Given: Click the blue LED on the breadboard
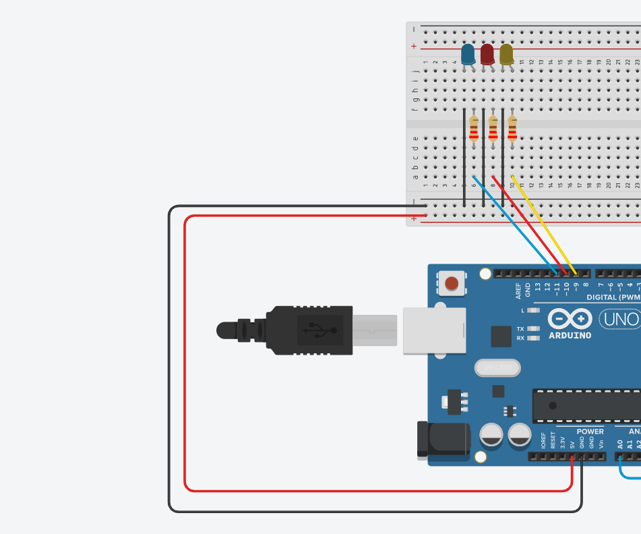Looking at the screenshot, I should [468, 55].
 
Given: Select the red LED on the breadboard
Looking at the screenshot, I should [487, 55].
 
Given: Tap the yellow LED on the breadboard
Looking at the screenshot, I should [507, 55].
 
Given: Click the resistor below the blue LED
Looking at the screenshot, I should [474, 128].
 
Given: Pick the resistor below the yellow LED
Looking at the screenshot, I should [512, 128].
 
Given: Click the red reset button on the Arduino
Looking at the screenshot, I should [452, 283].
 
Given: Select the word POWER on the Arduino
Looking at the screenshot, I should [590, 432].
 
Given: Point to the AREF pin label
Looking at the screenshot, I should [518, 291].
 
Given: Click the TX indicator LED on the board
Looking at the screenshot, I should [533, 329].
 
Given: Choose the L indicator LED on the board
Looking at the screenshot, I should [533, 310].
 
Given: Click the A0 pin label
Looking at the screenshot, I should [620, 444].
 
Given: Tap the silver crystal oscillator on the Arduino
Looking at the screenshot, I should [498, 367].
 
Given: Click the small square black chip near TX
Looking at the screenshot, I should [501, 336].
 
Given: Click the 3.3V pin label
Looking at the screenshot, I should [563, 443].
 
